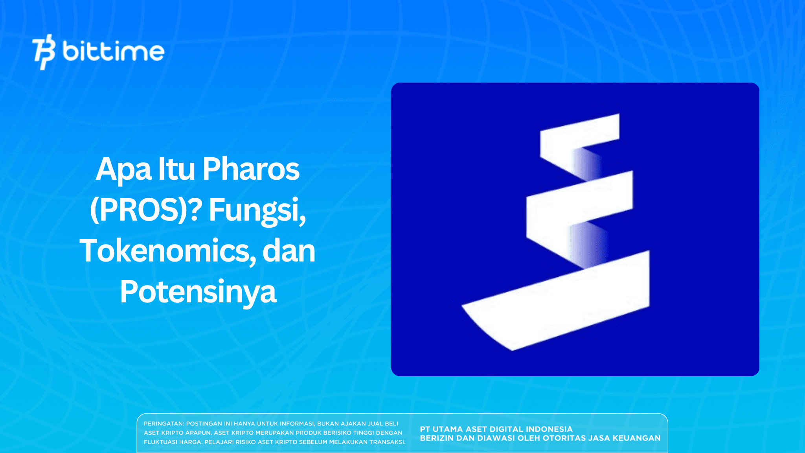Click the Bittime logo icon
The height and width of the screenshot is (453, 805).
[44, 52]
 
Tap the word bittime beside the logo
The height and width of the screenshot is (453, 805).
[113, 51]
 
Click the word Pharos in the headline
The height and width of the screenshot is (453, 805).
[251, 169]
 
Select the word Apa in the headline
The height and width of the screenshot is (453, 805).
[123, 170]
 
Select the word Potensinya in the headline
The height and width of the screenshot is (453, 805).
[198, 292]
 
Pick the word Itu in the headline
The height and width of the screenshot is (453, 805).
[176, 169]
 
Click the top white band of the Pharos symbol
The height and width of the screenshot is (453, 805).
[579, 134]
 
